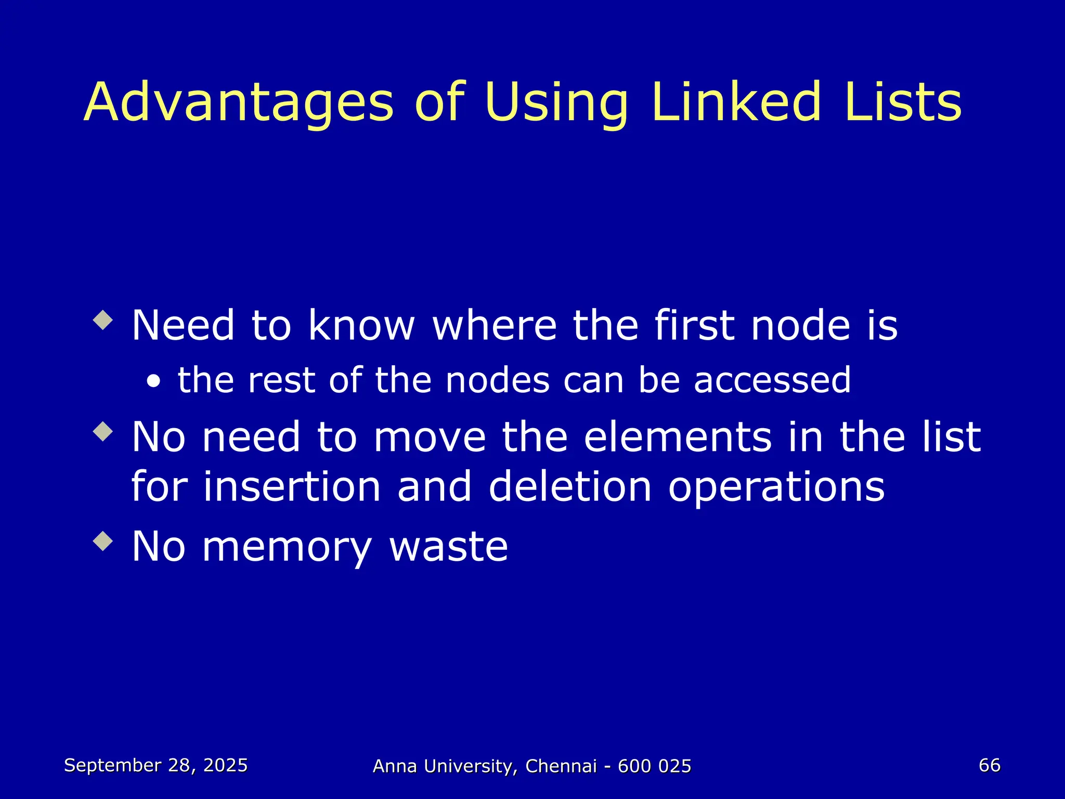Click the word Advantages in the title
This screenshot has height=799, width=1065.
point(239,102)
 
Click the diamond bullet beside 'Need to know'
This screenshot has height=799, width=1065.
point(103,320)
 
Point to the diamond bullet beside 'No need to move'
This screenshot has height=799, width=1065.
point(103,431)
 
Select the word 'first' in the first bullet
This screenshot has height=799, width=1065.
point(694,326)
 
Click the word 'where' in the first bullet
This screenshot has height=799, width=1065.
point(495,326)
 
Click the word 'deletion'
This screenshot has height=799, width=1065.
point(570,487)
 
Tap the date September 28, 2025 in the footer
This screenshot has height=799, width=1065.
point(155,765)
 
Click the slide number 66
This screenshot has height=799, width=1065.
point(989,765)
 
